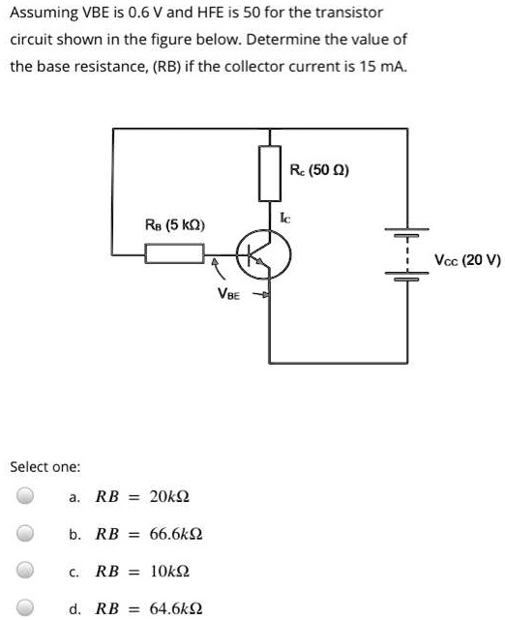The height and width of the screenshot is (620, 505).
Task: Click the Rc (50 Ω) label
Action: (319, 170)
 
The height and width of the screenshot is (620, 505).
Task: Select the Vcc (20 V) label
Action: (467, 259)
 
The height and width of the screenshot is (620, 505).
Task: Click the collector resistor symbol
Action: (269, 170)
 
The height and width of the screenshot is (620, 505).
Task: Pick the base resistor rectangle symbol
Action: (173, 255)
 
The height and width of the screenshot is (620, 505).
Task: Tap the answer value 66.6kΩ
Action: (180, 534)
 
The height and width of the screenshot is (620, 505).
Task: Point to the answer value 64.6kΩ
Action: (180, 609)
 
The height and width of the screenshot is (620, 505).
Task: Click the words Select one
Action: (45, 467)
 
